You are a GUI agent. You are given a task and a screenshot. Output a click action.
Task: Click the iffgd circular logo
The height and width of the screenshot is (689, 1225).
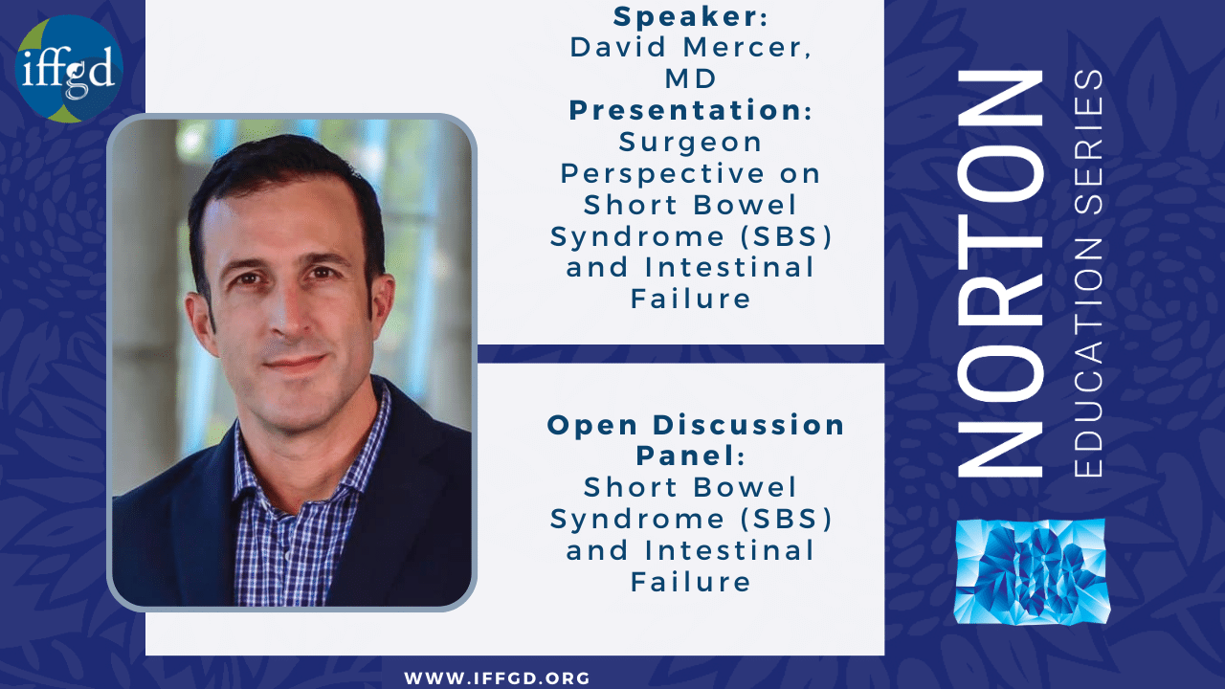[69, 69]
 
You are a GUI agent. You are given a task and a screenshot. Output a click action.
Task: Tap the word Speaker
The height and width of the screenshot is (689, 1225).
[686, 16]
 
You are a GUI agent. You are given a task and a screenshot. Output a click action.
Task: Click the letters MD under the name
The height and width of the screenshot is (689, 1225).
[690, 78]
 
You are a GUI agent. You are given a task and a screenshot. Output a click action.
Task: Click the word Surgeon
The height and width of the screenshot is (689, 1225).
[690, 144]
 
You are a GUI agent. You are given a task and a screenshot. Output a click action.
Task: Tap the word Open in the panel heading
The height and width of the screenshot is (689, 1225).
[592, 426]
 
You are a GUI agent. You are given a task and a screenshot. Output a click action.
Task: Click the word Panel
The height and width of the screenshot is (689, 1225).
[684, 456]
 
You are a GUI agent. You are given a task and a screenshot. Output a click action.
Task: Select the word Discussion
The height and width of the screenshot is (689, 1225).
[748, 426]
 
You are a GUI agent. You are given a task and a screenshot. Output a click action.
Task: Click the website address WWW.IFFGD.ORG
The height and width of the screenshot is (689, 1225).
[497, 678]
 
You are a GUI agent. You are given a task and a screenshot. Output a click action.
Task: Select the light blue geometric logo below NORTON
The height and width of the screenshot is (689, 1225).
[1032, 572]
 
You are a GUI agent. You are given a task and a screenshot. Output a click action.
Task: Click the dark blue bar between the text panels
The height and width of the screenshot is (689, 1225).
[680, 354]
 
